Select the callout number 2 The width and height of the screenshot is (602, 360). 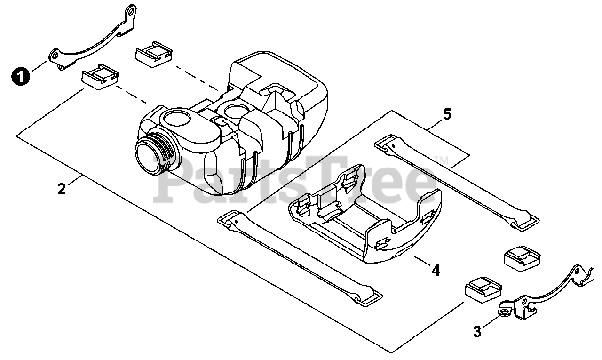point(62,189)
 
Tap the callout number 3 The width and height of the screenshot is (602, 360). point(477,331)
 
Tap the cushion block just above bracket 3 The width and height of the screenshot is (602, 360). point(483,289)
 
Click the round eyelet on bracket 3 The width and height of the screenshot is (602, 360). point(505,311)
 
